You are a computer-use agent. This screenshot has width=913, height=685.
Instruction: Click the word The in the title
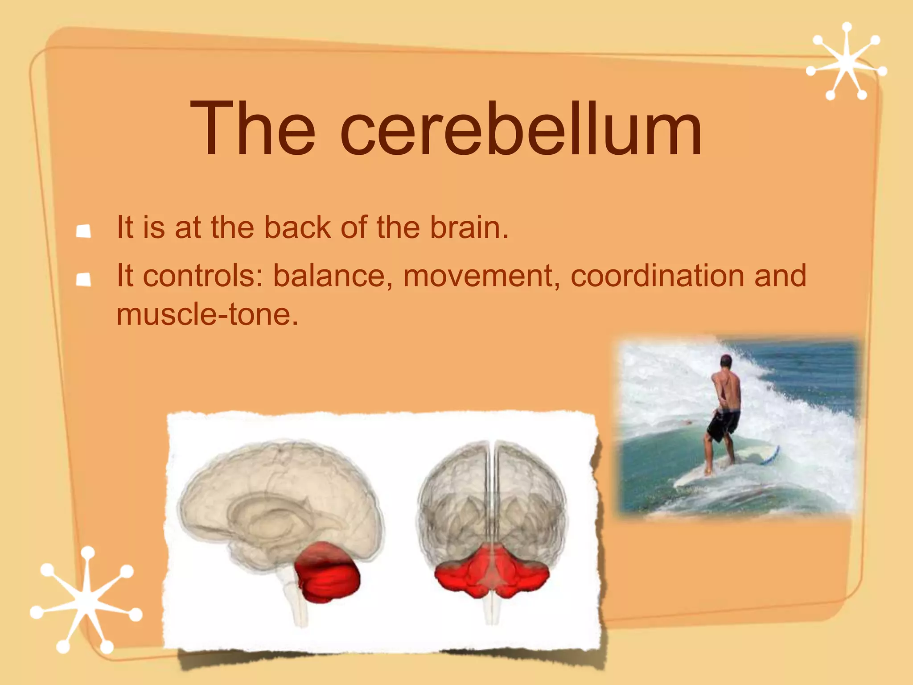(x=252, y=129)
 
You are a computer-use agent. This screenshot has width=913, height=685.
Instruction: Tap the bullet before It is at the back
(x=83, y=231)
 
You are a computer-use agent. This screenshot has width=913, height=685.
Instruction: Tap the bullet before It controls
(x=83, y=280)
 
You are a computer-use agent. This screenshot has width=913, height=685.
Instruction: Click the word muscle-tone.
(x=207, y=315)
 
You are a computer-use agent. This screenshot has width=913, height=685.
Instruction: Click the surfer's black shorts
(x=723, y=424)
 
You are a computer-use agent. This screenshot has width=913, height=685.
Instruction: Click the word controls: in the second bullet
(x=203, y=276)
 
